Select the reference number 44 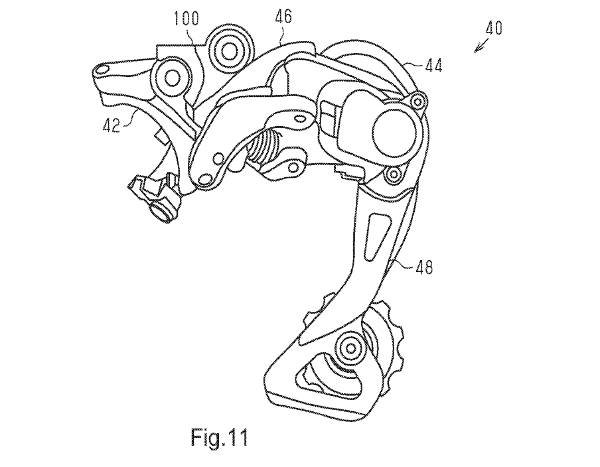pos(434,64)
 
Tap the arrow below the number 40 pos(480,46)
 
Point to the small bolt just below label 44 pos(417,100)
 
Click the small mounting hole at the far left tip pos(102,68)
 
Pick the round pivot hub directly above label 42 pos(174,78)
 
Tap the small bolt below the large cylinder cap pos(392,174)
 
